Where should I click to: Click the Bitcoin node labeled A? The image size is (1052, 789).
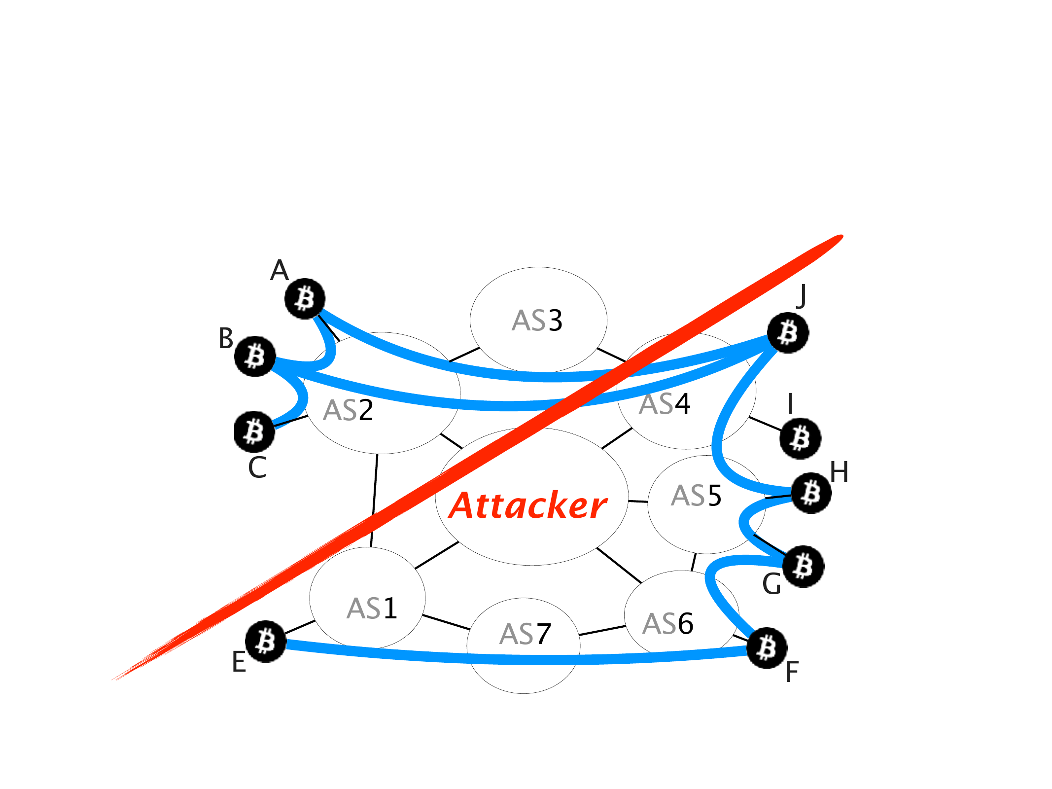(x=305, y=299)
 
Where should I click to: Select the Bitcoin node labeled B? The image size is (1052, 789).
(x=255, y=357)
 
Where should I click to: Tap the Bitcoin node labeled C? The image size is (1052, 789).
(x=254, y=432)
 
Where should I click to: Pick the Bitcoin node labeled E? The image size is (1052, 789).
(x=266, y=641)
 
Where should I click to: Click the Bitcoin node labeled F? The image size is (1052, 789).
(x=767, y=648)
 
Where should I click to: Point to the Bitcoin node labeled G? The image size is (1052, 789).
(x=804, y=566)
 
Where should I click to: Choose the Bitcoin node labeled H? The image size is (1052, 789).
(x=811, y=493)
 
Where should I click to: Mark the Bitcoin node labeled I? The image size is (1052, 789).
(x=800, y=438)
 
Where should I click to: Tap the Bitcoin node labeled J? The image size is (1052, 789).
(x=788, y=333)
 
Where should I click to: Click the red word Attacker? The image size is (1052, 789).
(x=527, y=506)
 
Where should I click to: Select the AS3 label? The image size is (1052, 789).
(x=537, y=321)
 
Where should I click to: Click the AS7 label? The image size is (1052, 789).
(x=525, y=634)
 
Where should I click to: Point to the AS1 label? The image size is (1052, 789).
(x=372, y=609)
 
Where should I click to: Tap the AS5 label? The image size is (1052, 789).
(x=696, y=496)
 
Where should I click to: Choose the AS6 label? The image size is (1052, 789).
(x=668, y=624)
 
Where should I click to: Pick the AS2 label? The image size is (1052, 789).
(x=348, y=410)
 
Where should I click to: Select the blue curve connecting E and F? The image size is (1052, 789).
(x=518, y=659)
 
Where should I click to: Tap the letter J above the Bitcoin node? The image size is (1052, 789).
(x=802, y=296)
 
